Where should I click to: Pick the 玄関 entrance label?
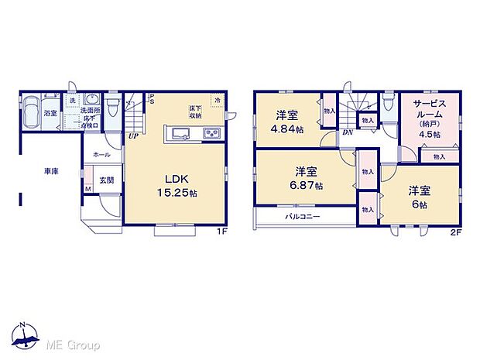(106, 180)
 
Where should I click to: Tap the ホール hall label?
(101, 155)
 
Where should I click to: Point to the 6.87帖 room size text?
(307, 187)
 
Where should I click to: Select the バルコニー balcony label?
(303, 216)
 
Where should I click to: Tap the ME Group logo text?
(74, 344)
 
